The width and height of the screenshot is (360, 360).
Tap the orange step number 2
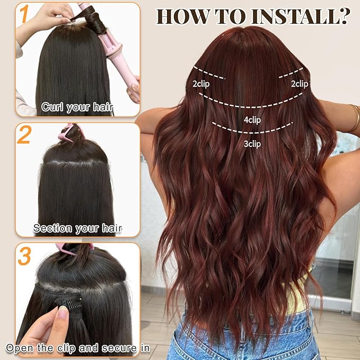[x=24, y=136]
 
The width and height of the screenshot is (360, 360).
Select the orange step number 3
[x=24, y=256]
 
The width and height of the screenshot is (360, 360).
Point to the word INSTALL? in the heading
[x=300, y=16]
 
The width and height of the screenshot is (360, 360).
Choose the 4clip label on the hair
[x=252, y=120]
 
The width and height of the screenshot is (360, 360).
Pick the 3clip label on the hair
[x=252, y=144]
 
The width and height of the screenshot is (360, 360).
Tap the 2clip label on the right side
[x=299, y=84]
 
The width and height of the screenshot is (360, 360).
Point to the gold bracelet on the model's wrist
[x=354, y=118]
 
